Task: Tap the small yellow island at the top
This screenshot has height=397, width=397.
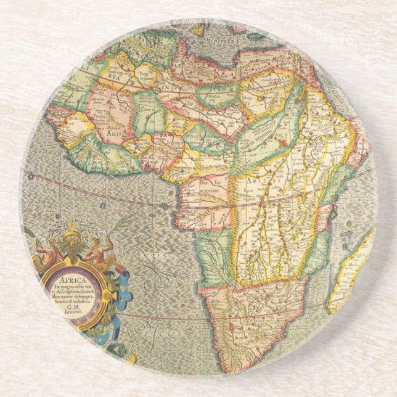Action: [x=198, y=28]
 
